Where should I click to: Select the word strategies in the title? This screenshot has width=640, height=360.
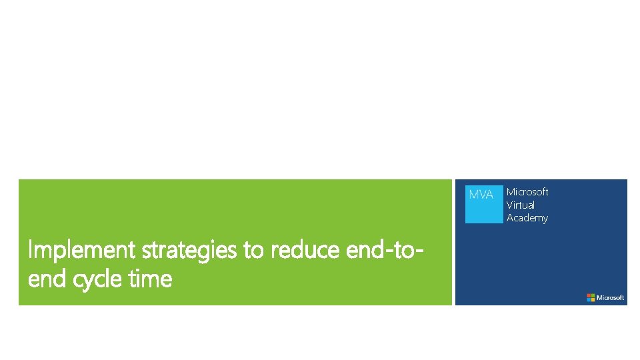point(190,251)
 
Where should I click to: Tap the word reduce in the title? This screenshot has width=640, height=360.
point(305,250)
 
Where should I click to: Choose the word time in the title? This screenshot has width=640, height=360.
point(151,279)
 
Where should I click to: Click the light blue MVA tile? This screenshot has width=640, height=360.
point(483,204)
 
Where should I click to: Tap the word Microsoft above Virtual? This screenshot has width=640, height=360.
point(527,192)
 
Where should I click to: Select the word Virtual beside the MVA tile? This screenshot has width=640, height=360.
point(521,205)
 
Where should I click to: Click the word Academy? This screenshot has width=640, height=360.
point(527,218)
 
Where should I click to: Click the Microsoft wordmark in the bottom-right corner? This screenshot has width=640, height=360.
point(610,297)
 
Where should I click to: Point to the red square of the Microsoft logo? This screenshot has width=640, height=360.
point(589,295)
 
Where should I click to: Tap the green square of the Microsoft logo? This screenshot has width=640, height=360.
point(593,295)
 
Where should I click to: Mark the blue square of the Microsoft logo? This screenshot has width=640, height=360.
point(589,299)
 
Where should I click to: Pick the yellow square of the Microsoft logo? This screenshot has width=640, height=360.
point(593,299)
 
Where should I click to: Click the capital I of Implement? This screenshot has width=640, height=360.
point(30,250)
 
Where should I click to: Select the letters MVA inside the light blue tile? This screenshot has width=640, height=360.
point(481,195)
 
